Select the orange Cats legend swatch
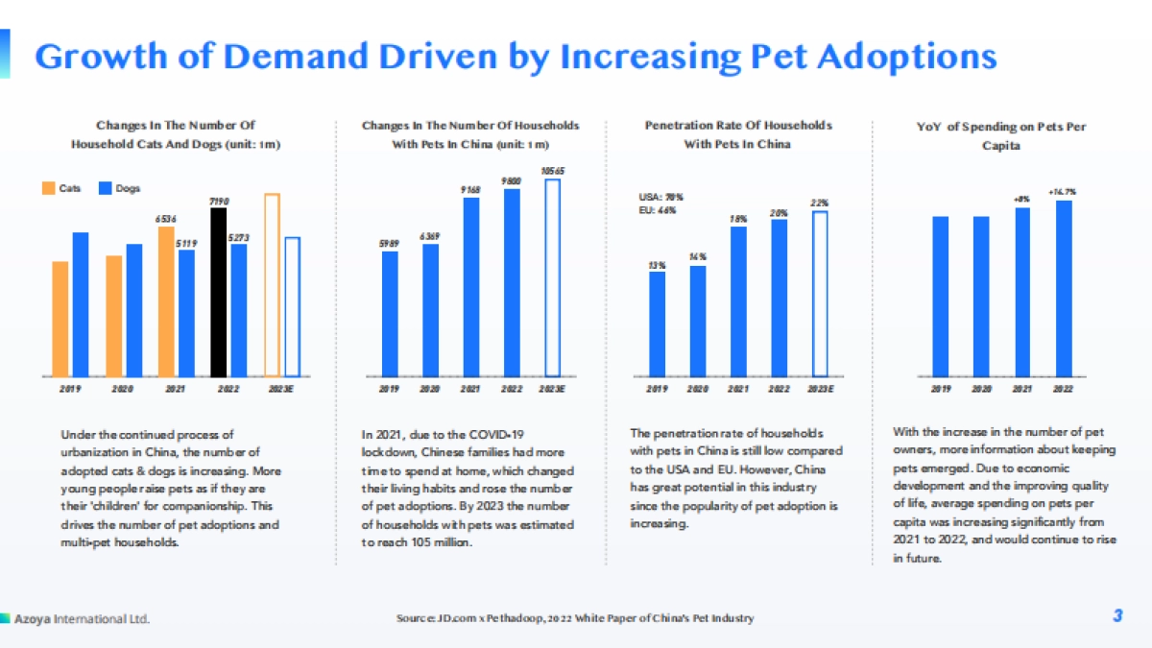(x=46, y=188)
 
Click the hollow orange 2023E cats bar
(x=272, y=285)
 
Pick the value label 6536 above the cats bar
(x=165, y=219)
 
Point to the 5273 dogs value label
(x=240, y=237)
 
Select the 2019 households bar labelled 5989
(x=390, y=313)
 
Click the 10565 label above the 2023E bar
(x=552, y=171)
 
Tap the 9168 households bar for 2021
(x=471, y=286)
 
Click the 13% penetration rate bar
(x=658, y=324)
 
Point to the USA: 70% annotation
(x=661, y=197)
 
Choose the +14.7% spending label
(x=1063, y=192)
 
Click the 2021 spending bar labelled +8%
(x=1022, y=292)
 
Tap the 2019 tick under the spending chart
(x=941, y=389)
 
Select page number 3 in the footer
(x=1117, y=616)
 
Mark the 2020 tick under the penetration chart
(x=698, y=389)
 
